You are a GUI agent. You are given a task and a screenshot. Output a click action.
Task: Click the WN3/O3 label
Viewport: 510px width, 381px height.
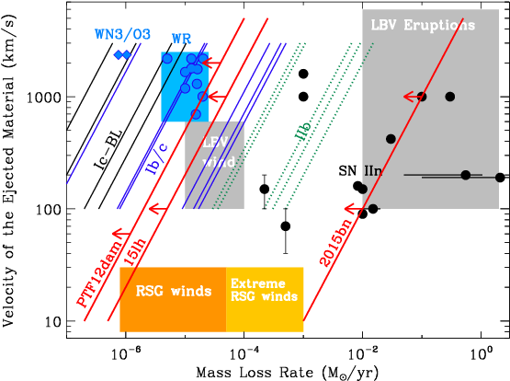click(122, 34)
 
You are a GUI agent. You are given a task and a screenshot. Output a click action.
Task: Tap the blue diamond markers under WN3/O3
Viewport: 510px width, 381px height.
click(122, 55)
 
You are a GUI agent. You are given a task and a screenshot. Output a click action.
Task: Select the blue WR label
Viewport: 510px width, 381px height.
click(181, 40)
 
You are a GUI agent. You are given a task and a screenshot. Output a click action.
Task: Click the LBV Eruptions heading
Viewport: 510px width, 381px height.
click(423, 25)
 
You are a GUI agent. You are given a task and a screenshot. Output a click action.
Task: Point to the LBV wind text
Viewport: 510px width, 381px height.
click(217, 152)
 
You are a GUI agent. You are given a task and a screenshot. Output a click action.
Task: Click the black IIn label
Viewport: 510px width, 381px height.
click(372, 171)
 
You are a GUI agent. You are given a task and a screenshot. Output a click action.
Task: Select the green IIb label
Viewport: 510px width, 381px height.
click(302, 131)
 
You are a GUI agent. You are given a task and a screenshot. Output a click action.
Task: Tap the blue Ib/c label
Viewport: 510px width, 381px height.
click(157, 157)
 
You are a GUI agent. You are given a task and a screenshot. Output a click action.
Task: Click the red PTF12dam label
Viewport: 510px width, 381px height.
click(98, 273)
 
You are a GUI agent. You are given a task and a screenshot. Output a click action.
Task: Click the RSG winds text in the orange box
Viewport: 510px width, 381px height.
click(173, 291)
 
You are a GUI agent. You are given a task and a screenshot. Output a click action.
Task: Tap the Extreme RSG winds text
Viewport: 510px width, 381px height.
click(264, 290)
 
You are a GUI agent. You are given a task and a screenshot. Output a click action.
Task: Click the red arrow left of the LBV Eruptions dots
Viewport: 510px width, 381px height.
click(410, 97)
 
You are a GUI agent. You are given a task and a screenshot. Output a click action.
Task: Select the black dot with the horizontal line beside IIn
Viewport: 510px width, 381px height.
click(465, 175)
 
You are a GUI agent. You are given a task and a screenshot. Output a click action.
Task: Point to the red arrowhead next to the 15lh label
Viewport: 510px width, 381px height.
click(157, 210)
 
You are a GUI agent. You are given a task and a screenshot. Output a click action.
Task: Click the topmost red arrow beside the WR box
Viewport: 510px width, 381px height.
click(210, 63)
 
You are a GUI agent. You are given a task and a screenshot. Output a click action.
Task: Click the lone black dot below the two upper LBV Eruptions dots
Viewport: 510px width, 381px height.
click(391, 139)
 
